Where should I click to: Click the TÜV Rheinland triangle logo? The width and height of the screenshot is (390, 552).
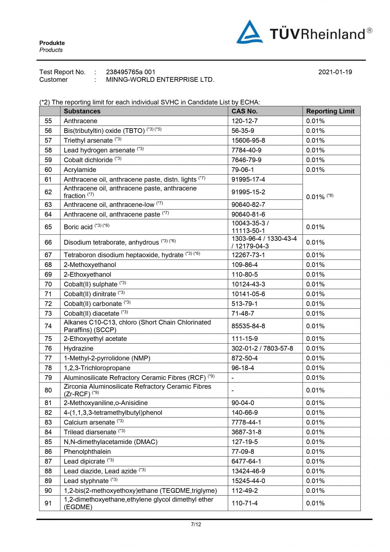point(249,33)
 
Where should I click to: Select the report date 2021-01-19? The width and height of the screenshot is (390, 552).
point(335,72)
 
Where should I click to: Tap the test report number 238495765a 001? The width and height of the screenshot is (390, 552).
point(131,72)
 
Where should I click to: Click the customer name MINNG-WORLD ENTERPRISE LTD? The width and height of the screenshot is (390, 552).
point(160,80)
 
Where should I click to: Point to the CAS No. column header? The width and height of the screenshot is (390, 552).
point(244,111)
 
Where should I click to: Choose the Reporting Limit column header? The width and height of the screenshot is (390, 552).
point(330,111)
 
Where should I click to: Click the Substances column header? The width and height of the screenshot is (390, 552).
point(82,111)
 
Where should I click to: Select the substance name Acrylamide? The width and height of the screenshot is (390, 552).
point(80,170)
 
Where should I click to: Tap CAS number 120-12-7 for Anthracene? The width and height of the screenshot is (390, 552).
point(244,121)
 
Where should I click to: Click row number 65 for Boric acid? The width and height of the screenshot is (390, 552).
point(48,227)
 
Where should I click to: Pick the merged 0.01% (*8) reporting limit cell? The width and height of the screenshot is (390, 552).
point(320,197)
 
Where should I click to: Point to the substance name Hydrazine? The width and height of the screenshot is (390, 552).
point(79,348)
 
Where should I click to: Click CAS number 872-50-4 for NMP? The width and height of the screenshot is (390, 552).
point(244,358)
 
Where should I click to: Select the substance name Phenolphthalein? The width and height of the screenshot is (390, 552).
point(87,451)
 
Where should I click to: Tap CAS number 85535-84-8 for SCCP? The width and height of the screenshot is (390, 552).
point(248,326)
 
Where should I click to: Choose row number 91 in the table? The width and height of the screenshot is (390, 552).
point(48,503)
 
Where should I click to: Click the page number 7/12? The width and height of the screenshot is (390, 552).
point(196,524)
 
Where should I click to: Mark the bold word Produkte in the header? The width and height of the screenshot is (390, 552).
point(52,43)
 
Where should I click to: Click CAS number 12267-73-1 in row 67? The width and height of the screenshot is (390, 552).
point(248,255)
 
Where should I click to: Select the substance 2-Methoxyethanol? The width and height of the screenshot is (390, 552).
point(90,265)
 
